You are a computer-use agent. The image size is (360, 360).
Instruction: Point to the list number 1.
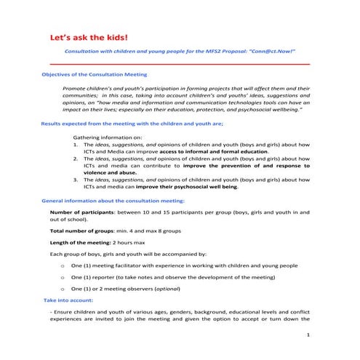pyautogui.click(x=77, y=144)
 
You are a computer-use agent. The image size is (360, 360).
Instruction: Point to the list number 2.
pyautogui.click(x=77, y=159)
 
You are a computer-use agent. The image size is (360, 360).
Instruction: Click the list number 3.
pyautogui.click(x=77, y=180)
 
